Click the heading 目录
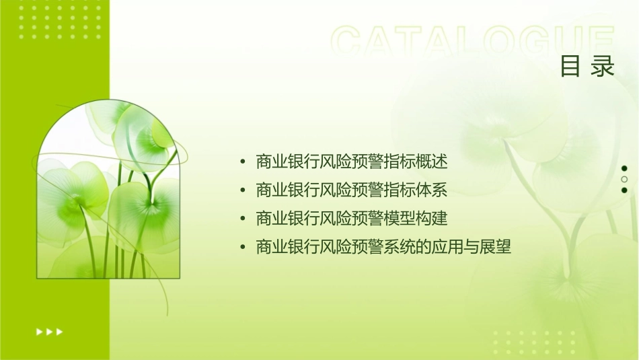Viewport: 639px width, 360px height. click(x=587, y=67)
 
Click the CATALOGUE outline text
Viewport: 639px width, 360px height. click(x=473, y=42)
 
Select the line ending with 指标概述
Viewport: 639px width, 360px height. click(x=352, y=162)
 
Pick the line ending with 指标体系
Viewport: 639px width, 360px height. click(x=352, y=190)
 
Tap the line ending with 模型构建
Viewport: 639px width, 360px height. click(x=352, y=219)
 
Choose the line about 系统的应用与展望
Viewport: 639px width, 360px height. click(x=383, y=248)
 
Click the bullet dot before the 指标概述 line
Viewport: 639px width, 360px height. click(x=242, y=163)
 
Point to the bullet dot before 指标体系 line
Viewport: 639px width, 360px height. click(x=242, y=191)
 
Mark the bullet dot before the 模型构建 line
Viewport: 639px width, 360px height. click(x=242, y=219)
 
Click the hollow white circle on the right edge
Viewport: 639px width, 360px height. click(x=624, y=180)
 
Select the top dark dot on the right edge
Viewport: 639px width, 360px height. click(x=624, y=168)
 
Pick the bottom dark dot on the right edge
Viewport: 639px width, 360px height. click(x=624, y=190)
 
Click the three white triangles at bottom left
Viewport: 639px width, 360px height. click(x=49, y=332)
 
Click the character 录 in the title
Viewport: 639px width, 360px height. click(x=603, y=67)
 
